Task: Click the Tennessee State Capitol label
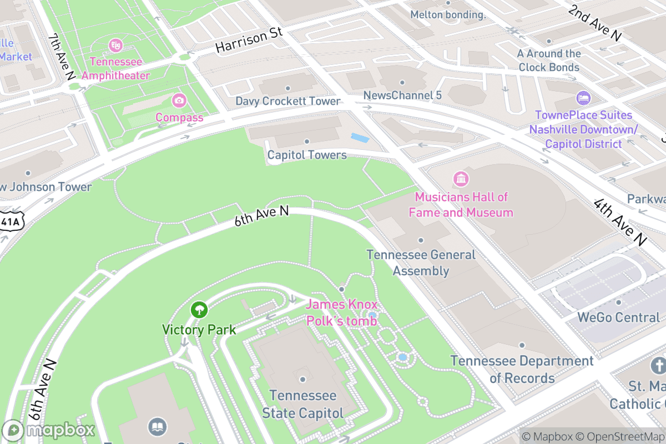pos(302,404)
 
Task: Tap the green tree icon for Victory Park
pos(199,310)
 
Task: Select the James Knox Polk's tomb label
pos(341,312)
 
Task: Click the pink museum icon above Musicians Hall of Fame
pos(461,179)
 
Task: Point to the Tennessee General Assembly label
pos(421,263)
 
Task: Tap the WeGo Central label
pos(618,317)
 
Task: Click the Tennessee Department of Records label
pos(522,369)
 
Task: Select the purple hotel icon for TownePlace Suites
pos(583,99)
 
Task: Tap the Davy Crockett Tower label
pos(287,101)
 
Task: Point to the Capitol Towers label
pos(307,155)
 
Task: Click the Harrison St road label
pos(249,40)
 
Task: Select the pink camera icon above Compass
pos(179,100)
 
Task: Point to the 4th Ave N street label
pos(620,222)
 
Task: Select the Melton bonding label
pos(448,14)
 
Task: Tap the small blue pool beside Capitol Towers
pos(359,137)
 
